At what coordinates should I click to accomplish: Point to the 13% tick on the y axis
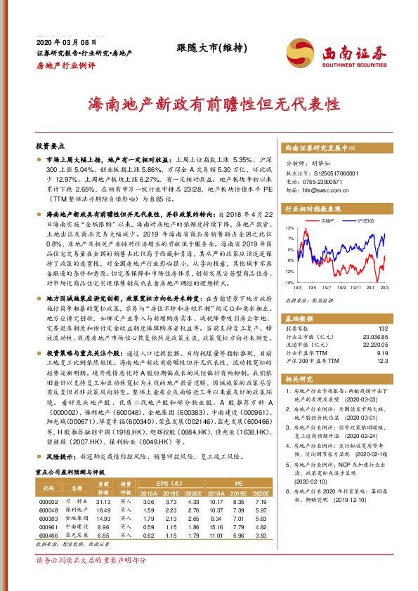[x=289, y=229]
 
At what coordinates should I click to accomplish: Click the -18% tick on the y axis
[x=288, y=283]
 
